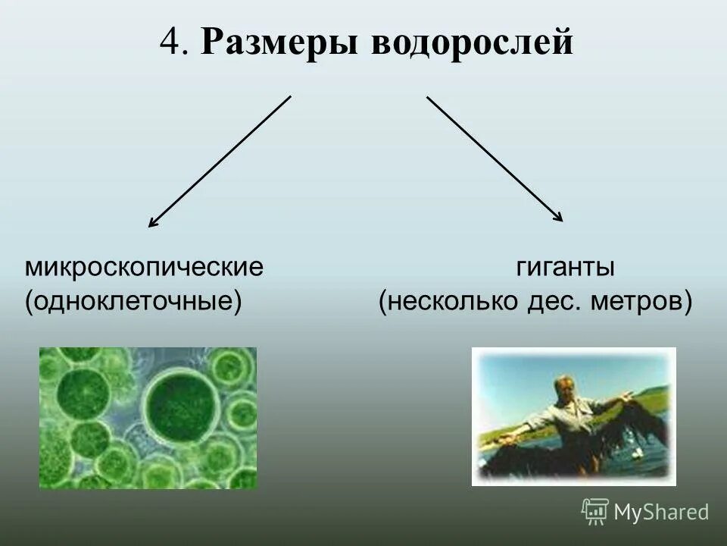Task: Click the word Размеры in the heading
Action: tap(280, 43)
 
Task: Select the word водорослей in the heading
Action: tap(470, 43)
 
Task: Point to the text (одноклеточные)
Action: tap(133, 301)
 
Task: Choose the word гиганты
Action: tap(565, 268)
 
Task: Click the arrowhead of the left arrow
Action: tap(151, 224)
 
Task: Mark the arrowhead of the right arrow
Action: tap(560, 218)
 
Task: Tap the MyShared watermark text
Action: tap(661, 513)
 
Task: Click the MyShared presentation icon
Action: tap(595, 512)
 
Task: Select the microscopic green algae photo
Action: tap(148, 418)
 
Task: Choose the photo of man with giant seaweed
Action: tap(573, 416)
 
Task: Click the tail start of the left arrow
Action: tap(290, 96)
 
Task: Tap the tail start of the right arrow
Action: tap(427, 96)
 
